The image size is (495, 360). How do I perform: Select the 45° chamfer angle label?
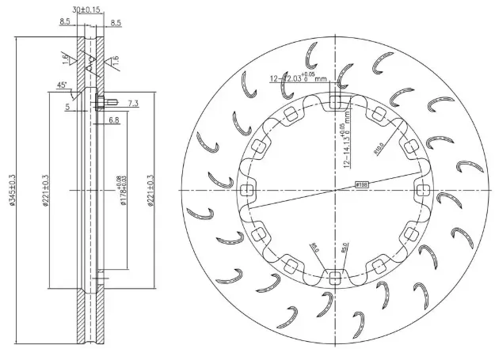click(x=62, y=85)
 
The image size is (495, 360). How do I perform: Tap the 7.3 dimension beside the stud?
click(x=132, y=104)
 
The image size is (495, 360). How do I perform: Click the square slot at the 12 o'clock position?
click(x=336, y=101)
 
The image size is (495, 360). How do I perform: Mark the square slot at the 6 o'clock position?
click(x=336, y=277)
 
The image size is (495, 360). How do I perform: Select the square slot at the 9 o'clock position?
click(x=247, y=189)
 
